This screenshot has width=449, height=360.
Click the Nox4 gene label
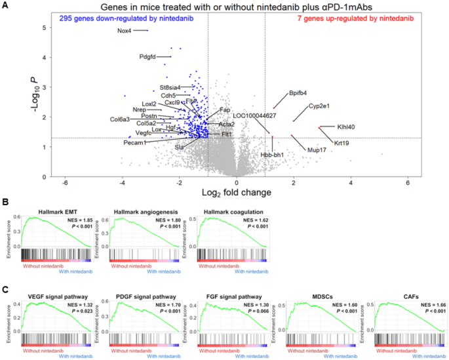coord(125,31)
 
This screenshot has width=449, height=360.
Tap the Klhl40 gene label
coord(346,127)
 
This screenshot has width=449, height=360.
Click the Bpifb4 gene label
coord(298,93)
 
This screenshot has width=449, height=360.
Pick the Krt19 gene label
coord(342,143)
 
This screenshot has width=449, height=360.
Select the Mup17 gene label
coord(317,150)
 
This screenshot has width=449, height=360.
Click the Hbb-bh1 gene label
coord(272,155)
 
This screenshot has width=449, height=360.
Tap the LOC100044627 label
coord(254,116)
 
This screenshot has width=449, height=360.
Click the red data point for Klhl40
coord(319,127)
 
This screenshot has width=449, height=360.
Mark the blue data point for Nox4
coord(147,30)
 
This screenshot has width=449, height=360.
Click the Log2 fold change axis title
coord(238,193)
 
